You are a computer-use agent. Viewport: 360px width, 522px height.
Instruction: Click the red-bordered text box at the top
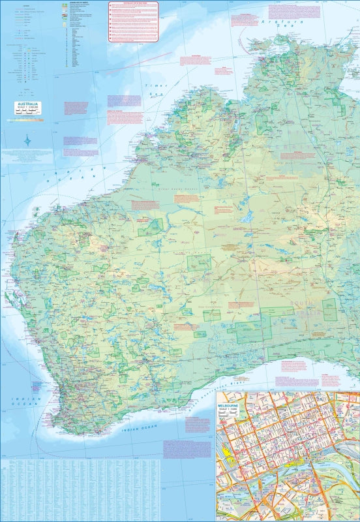(133, 21)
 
